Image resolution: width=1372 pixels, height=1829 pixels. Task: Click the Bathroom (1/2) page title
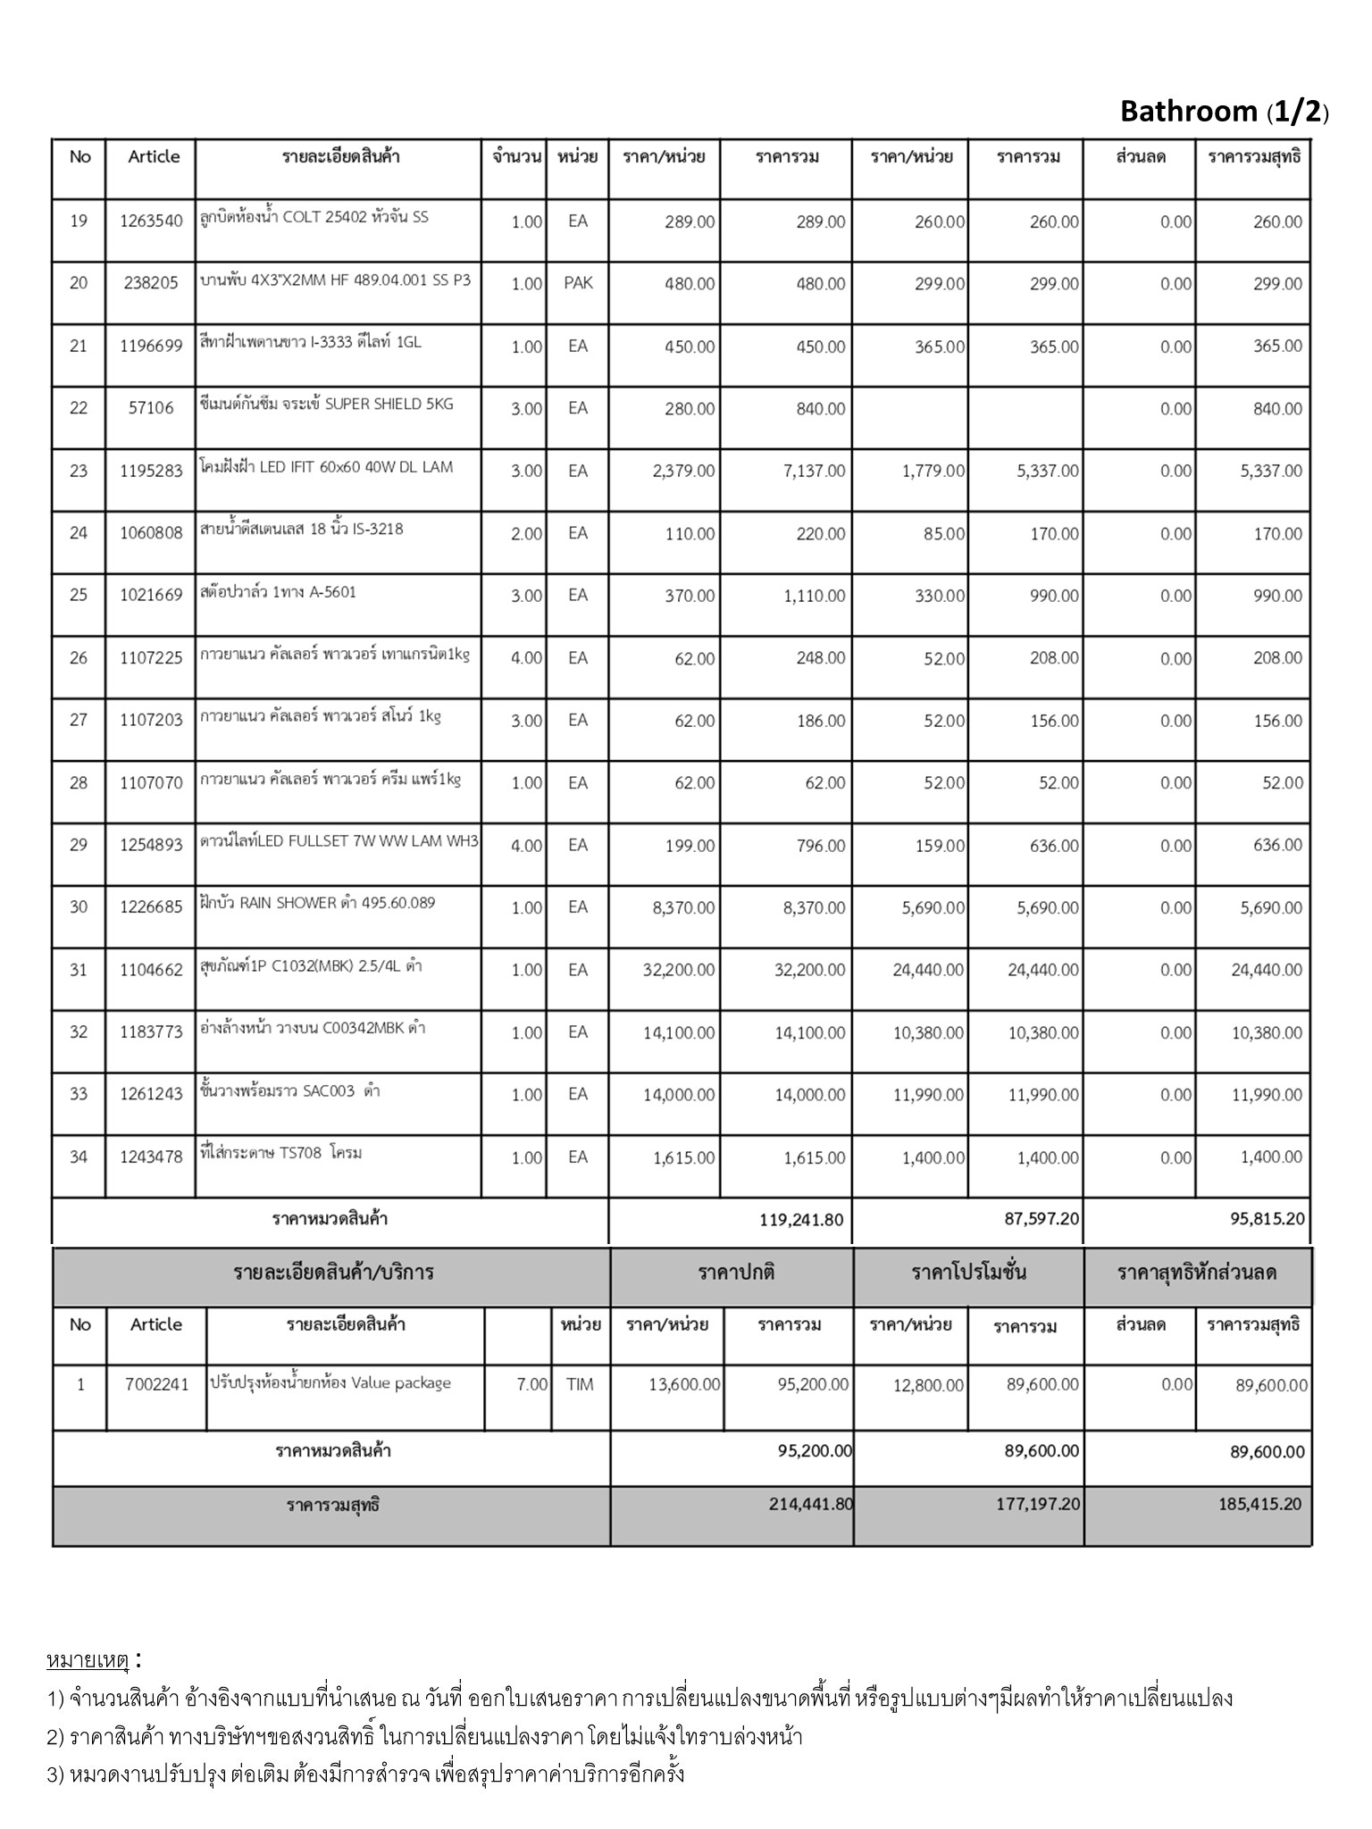(x=1224, y=112)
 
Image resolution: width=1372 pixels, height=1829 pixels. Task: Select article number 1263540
(x=151, y=221)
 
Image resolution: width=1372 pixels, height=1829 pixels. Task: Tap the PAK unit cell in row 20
(x=578, y=284)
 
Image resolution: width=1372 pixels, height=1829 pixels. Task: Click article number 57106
(x=151, y=409)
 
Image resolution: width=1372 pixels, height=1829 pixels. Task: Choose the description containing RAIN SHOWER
(x=318, y=903)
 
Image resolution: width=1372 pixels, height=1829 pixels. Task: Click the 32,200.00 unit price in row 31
(x=679, y=970)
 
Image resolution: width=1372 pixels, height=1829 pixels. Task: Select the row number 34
(x=79, y=1157)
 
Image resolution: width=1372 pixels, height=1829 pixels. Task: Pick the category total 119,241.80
(x=801, y=1220)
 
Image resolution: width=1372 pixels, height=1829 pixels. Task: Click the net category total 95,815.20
(x=1266, y=1218)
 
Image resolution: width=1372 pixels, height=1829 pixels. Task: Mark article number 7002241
(x=157, y=1385)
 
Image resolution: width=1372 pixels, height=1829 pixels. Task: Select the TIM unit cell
(x=580, y=1385)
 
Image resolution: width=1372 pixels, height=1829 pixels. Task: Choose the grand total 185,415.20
(x=1259, y=1504)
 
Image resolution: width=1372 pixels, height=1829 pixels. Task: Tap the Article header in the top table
(x=154, y=157)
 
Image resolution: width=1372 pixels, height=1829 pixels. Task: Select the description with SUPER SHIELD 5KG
(x=327, y=405)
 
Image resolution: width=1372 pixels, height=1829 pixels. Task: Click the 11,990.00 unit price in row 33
(x=929, y=1095)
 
